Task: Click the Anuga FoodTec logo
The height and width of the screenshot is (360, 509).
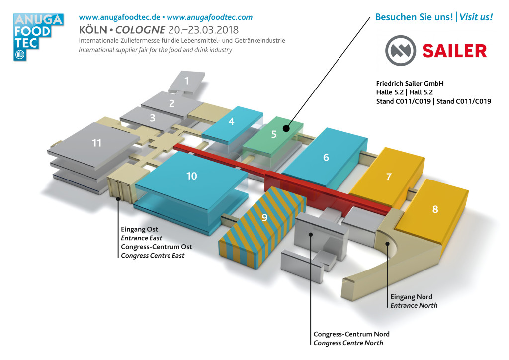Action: pyautogui.click(x=38, y=37)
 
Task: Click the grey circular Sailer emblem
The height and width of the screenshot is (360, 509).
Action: pyautogui.click(x=400, y=51)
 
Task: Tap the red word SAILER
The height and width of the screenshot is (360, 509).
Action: pyautogui.click(x=454, y=51)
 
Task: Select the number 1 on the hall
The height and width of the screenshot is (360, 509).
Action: pyautogui.click(x=187, y=81)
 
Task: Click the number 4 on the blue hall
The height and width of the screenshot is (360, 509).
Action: pyautogui.click(x=231, y=121)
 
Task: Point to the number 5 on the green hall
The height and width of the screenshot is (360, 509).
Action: pyautogui.click(x=274, y=134)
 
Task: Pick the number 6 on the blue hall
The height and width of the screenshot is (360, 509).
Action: pyautogui.click(x=326, y=158)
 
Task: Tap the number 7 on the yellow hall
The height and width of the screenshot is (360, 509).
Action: pyautogui.click(x=389, y=177)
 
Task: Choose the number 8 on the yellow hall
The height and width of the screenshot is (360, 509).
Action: pyautogui.click(x=435, y=209)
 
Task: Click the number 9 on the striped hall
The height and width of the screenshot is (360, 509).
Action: pyautogui.click(x=264, y=217)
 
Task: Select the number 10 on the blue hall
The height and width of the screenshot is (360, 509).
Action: pyautogui.click(x=191, y=176)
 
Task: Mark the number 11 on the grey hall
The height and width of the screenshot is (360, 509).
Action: pyautogui.click(x=96, y=143)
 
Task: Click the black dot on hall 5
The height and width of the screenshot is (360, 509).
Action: pyautogui.click(x=286, y=129)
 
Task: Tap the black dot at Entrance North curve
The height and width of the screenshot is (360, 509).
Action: pyautogui.click(x=387, y=244)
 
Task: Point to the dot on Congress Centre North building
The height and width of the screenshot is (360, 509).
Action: pyautogui.click(x=311, y=234)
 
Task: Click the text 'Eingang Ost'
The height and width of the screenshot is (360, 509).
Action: pyautogui.click(x=140, y=229)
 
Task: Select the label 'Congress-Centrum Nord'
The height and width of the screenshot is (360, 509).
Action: pyautogui.click(x=351, y=334)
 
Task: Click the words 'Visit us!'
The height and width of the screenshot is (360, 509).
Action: pyautogui.click(x=476, y=17)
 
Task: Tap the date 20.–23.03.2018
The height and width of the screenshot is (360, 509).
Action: pyautogui.click(x=203, y=30)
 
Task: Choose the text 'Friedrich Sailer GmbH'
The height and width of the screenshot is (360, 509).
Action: pyautogui.click(x=410, y=84)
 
